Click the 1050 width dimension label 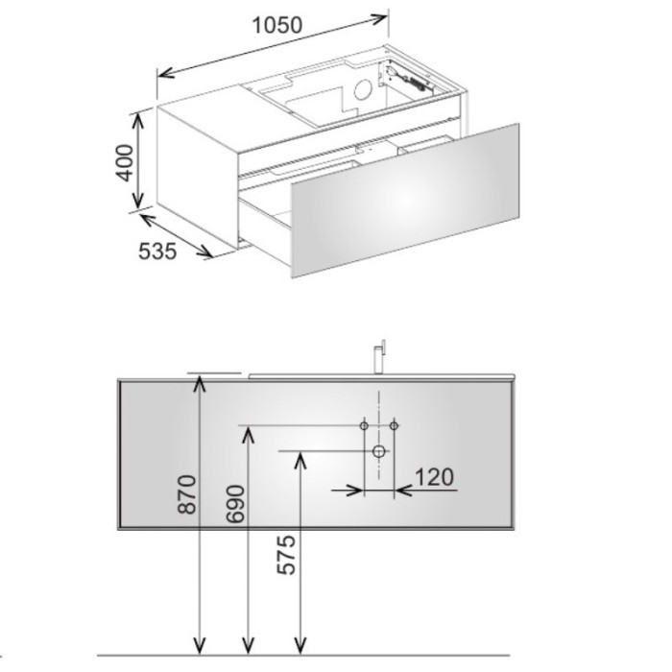pos(277,25)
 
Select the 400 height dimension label pos(125,163)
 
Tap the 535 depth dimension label pos(157,252)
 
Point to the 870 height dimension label pos(187,494)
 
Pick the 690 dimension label pos(235,504)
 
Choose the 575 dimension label pos(286,555)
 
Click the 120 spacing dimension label pos(434,477)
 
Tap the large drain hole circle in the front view pos(379,451)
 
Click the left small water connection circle pos(364,425)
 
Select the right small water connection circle pos(395,425)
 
